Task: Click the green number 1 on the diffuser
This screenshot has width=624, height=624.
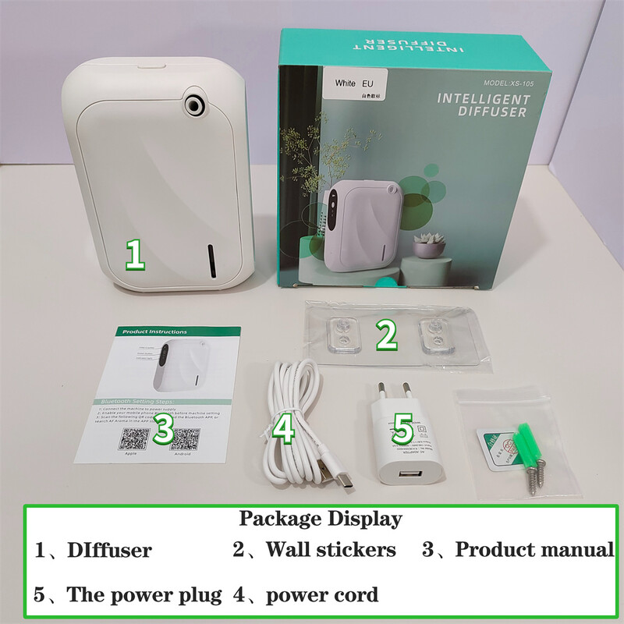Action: click(x=135, y=256)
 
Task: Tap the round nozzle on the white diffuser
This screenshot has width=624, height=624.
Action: click(x=192, y=102)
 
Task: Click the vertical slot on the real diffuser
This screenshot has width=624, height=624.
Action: click(x=212, y=261)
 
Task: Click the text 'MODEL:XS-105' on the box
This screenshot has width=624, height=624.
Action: click(x=505, y=82)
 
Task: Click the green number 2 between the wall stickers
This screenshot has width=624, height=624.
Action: click(x=385, y=334)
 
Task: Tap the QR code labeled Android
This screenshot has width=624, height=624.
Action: click(x=184, y=438)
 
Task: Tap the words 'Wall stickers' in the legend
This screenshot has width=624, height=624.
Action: click(x=331, y=550)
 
